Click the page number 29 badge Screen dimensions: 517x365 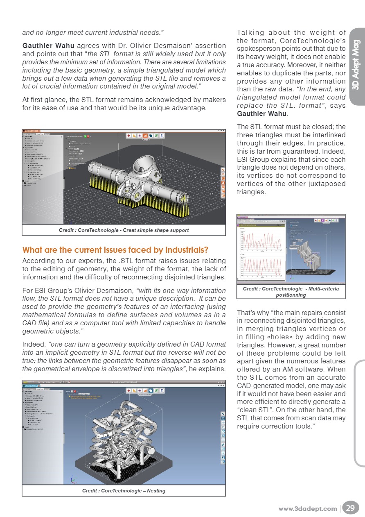pos(351,508)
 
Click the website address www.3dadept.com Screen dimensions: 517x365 pos(307,509)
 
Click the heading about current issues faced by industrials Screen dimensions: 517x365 pos(115,250)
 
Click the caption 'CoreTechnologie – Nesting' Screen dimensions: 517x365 pos(124,490)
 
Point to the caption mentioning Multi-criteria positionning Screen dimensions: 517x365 pos(291,292)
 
